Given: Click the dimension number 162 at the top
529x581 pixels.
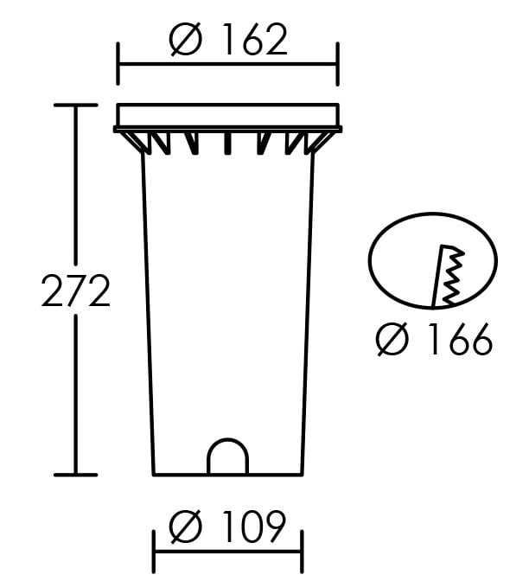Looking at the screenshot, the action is click(254, 39).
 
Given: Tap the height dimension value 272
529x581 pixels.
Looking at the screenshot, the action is click(76, 290).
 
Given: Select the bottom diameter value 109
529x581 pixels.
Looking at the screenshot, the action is click(254, 527).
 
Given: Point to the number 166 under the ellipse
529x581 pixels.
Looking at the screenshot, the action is click(462, 339).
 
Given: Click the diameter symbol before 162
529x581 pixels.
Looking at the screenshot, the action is click(185, 39).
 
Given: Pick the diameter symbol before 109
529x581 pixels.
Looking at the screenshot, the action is click(185, 527).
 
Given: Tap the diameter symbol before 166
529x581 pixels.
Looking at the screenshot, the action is click(392, 339).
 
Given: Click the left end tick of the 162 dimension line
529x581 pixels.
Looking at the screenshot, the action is click(118, 64).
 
